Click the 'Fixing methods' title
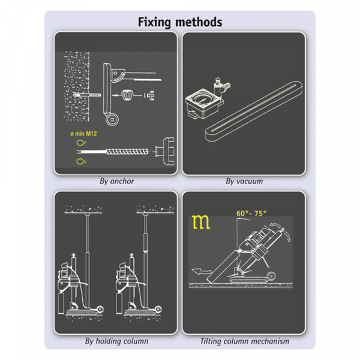(180, 22)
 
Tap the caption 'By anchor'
(116, 181)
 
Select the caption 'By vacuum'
(244, 181)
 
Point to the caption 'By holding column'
(116, 341)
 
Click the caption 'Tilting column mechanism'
(245, 341)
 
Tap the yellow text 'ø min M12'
(83, 133)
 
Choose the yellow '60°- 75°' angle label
(251, 213)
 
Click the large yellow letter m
(201, 222)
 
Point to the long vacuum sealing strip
(253, 111)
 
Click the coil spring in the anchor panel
(127, 95)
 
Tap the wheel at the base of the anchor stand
(112, 119)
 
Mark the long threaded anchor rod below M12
(113, 152)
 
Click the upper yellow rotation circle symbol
(80, 143)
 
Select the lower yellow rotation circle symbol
(80, 161)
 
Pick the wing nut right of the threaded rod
(165, 151)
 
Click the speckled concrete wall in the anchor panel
(76, 86)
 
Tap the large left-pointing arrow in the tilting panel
(201, 271)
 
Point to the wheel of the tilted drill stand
(271, 276)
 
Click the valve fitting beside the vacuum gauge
(221, 86)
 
